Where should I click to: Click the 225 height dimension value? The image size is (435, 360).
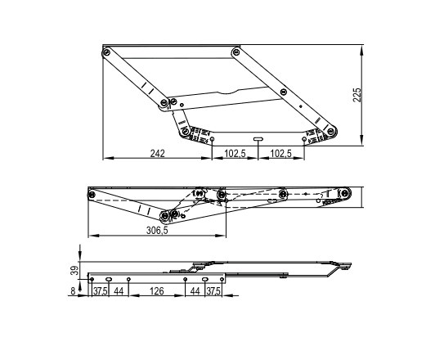click(357, 95)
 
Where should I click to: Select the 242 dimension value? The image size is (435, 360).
click(157, 153)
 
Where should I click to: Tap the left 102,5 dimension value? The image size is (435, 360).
click(235, 153)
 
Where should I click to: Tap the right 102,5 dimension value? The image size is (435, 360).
click(280, 153)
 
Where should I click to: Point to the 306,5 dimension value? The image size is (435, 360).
click(157, 230)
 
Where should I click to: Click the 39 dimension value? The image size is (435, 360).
click(74, 271)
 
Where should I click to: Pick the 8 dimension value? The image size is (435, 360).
click(73, 291)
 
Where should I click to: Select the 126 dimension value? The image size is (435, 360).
click(157, 291)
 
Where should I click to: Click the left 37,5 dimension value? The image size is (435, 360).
click(100, 291)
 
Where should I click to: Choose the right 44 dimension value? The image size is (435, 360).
click(195, 291)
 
